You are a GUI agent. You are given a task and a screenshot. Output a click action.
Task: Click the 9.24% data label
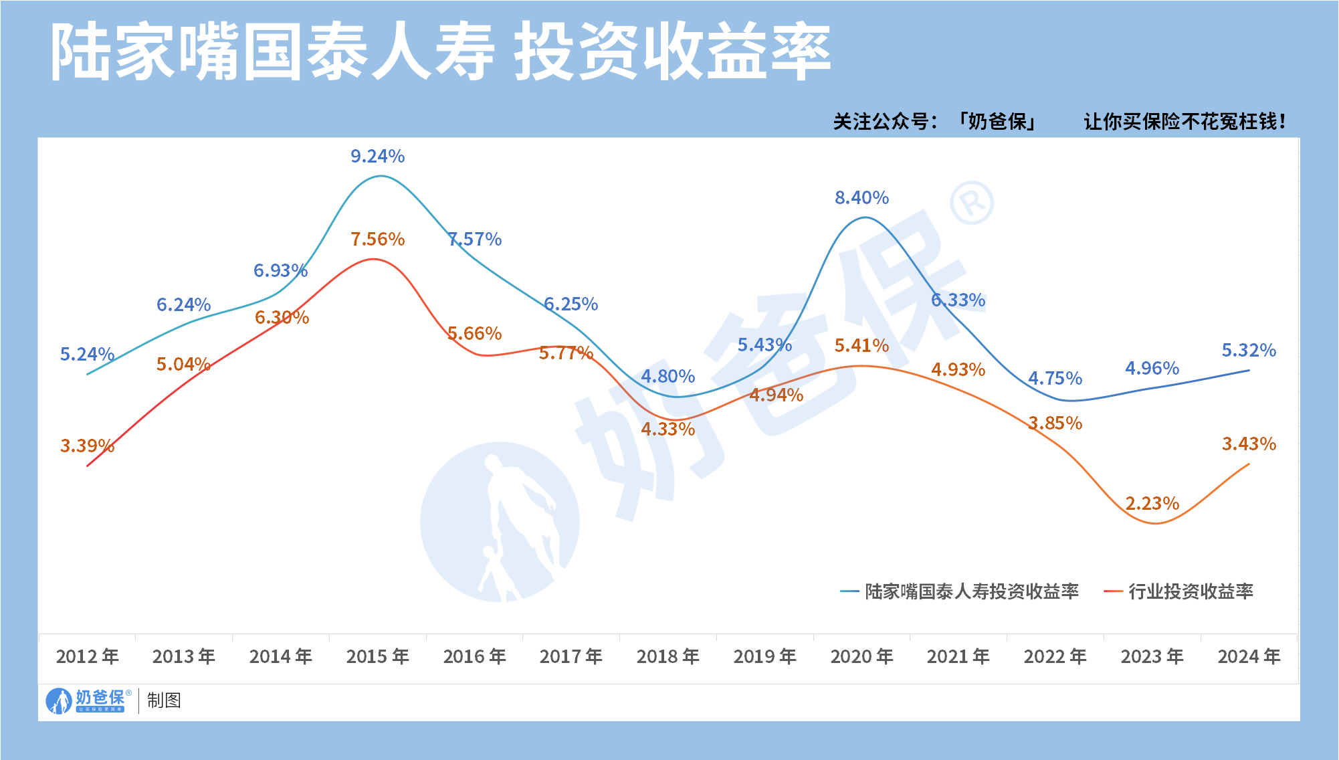point(377,157)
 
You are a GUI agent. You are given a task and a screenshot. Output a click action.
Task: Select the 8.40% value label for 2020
point(861,198)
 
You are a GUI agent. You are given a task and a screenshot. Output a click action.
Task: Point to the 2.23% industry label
point(1152,504)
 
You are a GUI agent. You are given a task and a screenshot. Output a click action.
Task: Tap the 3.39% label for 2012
point(87,446)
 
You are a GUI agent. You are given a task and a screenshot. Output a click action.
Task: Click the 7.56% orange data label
point(377,240)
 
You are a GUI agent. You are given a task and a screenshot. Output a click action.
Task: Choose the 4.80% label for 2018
point(667,377)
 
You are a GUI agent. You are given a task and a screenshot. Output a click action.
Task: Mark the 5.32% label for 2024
point(1249,351)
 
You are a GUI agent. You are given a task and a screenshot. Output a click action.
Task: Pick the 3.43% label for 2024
point(1249,444)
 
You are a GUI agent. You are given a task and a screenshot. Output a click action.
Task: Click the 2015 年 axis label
point(377,657)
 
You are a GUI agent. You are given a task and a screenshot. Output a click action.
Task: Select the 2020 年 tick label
point(861,657)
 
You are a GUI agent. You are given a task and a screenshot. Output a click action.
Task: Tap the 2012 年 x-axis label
point(87,657)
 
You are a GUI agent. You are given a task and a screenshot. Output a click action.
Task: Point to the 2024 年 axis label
point(1249,657)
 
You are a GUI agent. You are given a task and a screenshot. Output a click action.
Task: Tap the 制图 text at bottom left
point(164,700)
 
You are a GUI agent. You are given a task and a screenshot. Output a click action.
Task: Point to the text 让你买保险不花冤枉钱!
point(1184,122)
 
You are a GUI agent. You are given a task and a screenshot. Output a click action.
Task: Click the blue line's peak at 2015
point(380,176)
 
